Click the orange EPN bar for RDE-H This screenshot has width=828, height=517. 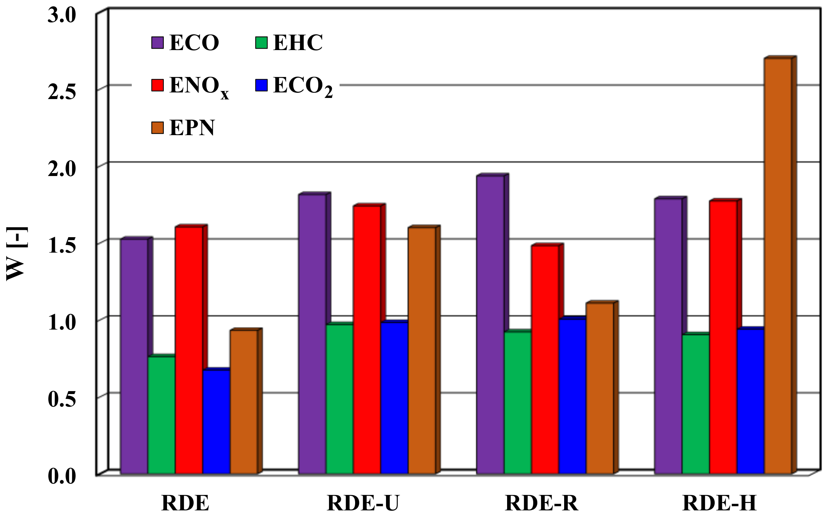[778, 265]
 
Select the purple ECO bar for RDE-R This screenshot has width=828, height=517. [490, 324]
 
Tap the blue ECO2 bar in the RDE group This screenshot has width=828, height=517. [216, 422]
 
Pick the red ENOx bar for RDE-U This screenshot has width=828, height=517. [367, 339]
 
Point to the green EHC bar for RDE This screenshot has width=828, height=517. [161, 414]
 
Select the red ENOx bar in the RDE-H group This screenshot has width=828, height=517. [723, 337]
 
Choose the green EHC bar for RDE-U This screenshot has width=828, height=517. [339, 398]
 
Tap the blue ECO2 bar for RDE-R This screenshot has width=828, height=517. [572, 396]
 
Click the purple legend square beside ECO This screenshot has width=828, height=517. [158, 42]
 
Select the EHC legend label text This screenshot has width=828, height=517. [298, 43]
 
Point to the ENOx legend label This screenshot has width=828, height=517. [199, 87]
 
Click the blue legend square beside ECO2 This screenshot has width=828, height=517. [261, 85]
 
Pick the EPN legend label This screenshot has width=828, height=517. [192, 128]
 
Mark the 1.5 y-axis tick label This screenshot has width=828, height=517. [62, 246]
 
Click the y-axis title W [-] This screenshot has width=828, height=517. [15, 254]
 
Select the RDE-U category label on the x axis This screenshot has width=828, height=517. [363, 503]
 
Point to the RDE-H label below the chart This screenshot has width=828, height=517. [719, 503]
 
